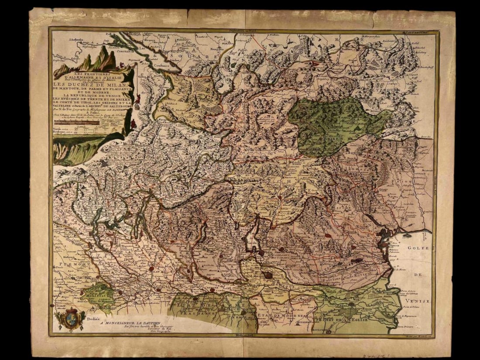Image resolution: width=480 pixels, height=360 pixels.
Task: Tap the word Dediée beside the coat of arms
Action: click(x=94, y=318)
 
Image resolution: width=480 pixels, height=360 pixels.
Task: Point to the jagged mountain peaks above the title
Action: click(x=98, y=59)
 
